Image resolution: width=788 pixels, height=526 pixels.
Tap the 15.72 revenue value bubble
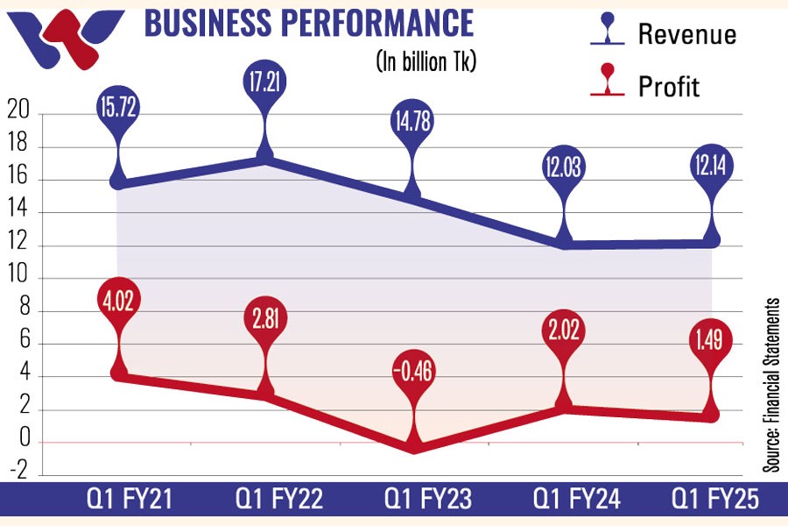pyautogui.click(x=119, y=110)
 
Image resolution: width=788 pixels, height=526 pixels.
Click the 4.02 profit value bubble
pyautogui.click(x=119, y=302)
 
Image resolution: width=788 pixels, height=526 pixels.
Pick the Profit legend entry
pyautogui.click(x=652, y=86)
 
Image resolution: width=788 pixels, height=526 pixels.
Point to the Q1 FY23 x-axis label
pyautogui.click(x=428, y=501)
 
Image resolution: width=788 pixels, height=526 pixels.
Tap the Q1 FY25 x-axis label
pyautogui.click(x=715, y=501)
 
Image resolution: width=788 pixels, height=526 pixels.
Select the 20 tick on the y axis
pyautogui.click(x=18, y=114)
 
